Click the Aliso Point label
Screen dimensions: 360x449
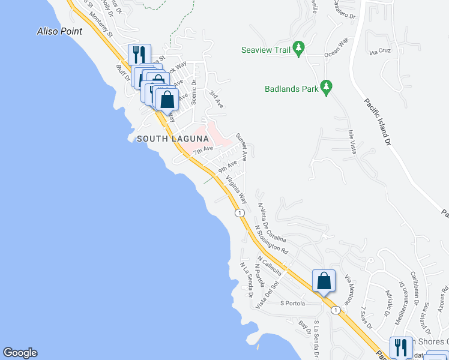tap(59, 31)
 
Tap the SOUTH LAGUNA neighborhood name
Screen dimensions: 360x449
tap(172, 139)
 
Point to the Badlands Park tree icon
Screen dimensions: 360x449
tap(326, 88)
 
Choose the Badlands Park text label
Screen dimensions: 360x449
tap(291, 89)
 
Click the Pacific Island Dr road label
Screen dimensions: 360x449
tap(377, 122)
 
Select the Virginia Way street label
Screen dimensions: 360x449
tap(237, 189)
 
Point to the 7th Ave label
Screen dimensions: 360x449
tap(203, 149)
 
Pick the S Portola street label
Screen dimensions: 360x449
tap(294, 304)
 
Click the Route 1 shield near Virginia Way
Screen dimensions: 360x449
tap(240, 213)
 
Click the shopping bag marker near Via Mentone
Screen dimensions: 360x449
tap(324, 281)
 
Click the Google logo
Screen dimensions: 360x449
tap(20, 353)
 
